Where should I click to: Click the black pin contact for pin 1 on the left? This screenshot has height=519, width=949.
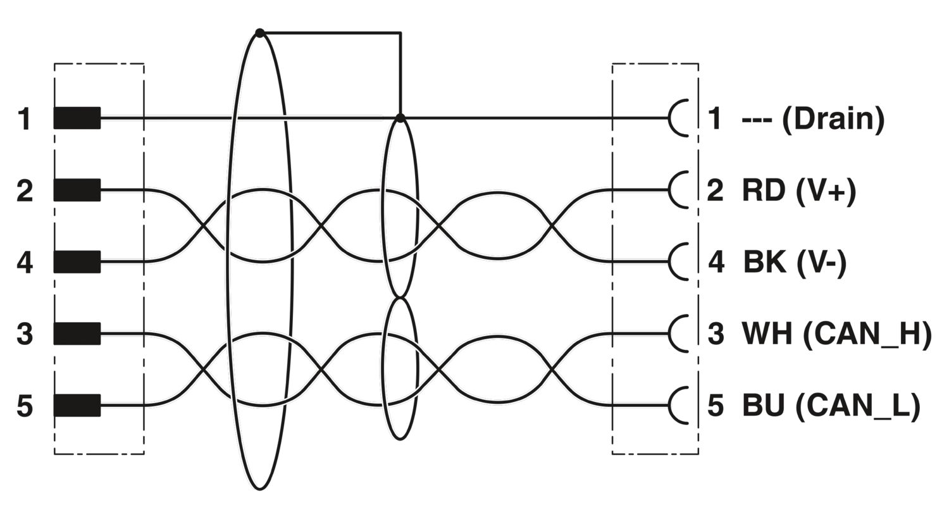click(x=77, y=118)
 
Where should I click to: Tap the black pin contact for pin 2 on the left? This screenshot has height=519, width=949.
click(x=77, y=190)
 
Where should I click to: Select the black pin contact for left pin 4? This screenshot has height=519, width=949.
click(x=77, y=262)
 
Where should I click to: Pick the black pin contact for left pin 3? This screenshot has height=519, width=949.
click(x=77, y=334)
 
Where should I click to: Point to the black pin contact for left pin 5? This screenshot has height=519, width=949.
click(x=77, y=406)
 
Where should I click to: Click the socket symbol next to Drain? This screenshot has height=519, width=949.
click(x=670, y=118)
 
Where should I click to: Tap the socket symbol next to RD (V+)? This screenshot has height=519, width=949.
click(x=670, y=190)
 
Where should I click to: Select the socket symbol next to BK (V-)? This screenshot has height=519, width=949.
click(x=670, y=262)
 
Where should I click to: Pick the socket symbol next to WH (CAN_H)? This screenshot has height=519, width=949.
click(x=670, y=334)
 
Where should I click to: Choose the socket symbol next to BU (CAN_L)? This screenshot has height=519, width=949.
click(x=670, y=406)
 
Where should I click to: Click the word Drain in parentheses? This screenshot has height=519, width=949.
click(x=833, y=118)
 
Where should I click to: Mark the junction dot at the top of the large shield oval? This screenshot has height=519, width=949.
click(x=260, y=33)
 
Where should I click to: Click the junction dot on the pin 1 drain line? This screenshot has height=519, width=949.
click(x=400, y=118)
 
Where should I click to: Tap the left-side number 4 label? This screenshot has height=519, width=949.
click(x=25, y=262)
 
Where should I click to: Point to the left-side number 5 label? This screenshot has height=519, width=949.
click(x=25, y=406)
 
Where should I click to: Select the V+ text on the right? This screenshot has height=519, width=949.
click(x=826, y=191)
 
